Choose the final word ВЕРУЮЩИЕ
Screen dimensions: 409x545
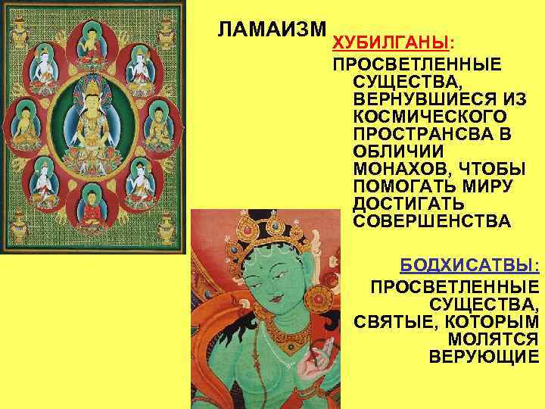point(484,356)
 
